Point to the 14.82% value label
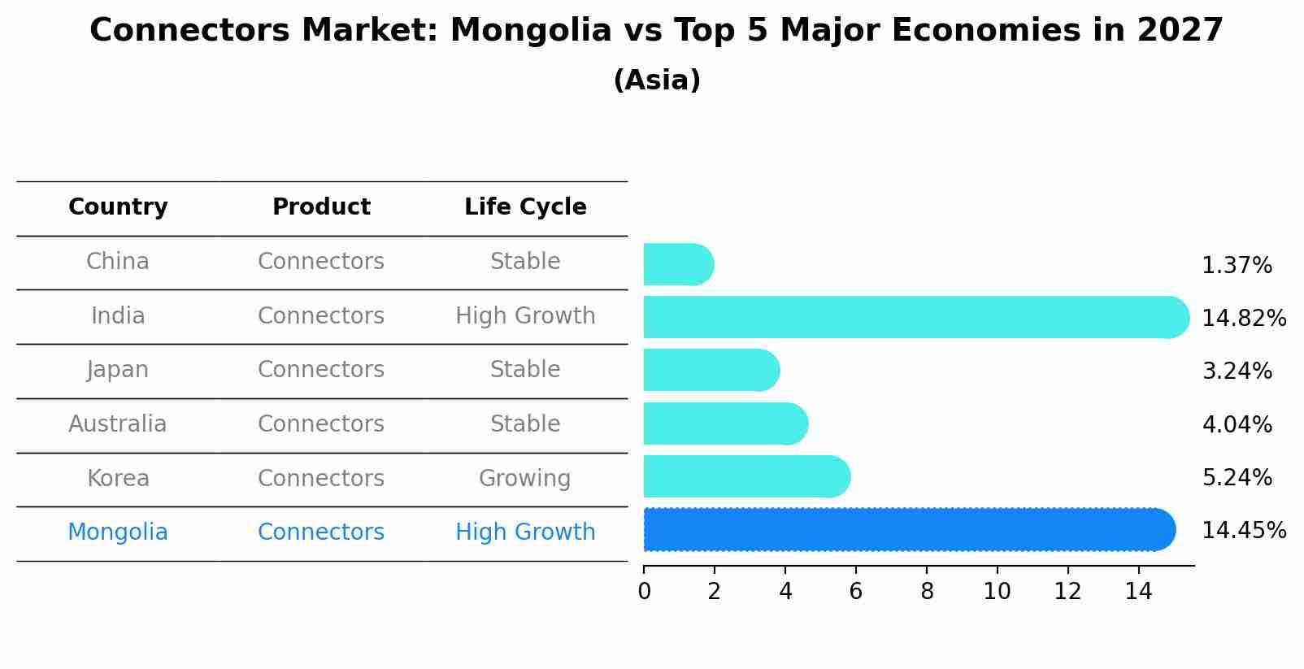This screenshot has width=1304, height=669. tap(1244, 318)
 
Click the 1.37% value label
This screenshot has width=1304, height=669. tap(1237, 266)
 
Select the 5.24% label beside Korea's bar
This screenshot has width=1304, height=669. tap(1237, 477)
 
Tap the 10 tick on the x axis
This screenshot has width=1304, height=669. tap(997, 592)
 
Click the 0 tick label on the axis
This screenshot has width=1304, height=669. tap(644, 592)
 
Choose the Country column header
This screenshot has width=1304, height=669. tap(118, 207)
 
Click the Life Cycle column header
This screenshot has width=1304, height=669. tap(525, 207)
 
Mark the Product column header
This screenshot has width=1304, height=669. tap(321, 207)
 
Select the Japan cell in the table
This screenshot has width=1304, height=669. tap(118, 370)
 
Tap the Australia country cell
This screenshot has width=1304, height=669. tap(118, 424)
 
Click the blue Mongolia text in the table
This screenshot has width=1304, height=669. tap(118, 532)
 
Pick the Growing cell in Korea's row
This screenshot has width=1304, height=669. tap(525, 478)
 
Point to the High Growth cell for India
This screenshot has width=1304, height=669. tap(525, 316)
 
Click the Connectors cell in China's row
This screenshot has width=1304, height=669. tap(321, 262)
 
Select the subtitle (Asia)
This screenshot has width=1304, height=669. tap(657, 80)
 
